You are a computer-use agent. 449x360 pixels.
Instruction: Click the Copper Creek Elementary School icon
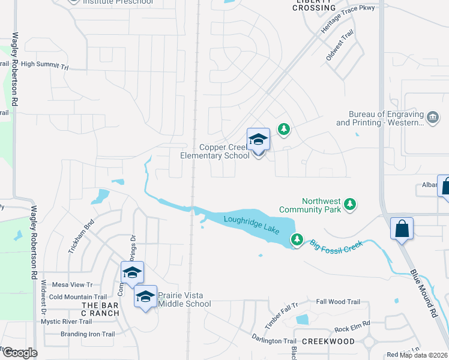(x=258, y=140)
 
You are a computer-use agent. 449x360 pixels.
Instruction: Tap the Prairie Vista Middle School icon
(x=145, y=296)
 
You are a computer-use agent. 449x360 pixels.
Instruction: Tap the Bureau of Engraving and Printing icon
(x=432, y=116)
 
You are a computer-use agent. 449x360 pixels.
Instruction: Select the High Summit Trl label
(x=45, y=64)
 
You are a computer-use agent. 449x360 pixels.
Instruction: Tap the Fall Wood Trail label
(x=338, y=302)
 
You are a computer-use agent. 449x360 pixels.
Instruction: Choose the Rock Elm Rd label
(x=352, y=329)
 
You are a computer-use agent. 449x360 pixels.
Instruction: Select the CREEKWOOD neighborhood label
(x=328, y=341)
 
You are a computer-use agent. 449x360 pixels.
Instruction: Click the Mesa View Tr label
(x=73, y=285)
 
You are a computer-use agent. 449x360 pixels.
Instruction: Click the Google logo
(x=19, y=353)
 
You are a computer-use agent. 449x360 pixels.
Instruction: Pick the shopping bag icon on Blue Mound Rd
(x=401, y=228)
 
